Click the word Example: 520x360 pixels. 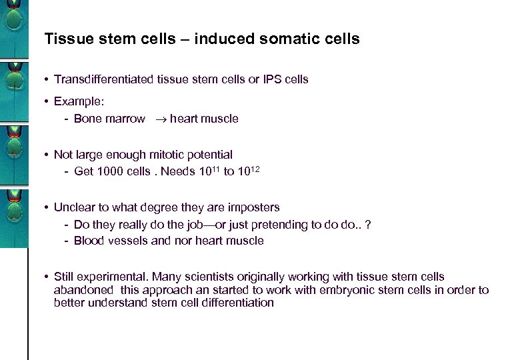click(79, 101)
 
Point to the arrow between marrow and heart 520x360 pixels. click(157, 119)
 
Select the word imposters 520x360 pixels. click(253, 207)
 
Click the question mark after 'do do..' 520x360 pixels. click(368, 225)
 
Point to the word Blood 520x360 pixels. click(89, 241)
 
